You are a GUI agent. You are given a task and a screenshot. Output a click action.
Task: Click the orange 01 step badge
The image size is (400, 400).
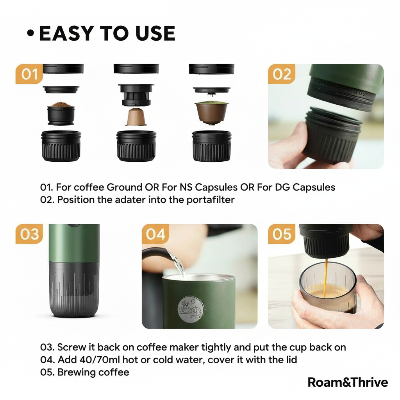pos(29,74)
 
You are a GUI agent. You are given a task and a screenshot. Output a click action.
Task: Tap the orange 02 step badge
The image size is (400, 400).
pos(282,74)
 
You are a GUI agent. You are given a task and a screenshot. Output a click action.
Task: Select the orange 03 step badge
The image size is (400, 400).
pos(29,234)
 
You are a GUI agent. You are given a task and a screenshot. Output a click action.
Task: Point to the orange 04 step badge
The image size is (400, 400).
pos(155,234)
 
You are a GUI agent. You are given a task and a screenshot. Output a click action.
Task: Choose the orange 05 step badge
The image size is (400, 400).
pos(282,234)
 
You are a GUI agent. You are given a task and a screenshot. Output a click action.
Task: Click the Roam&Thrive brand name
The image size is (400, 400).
pos(348,382)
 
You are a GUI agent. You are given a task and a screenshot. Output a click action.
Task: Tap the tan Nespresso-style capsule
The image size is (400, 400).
pos(136,117)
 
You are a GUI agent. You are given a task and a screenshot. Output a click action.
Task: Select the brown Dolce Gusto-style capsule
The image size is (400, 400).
pos(212,112)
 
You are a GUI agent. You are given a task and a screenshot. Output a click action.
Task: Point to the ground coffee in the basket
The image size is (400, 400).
pos(61,105)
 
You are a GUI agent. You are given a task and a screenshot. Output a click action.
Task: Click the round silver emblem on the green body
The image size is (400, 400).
pos(190,309)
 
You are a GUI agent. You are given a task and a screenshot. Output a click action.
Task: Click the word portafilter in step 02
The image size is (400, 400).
pos(211,200)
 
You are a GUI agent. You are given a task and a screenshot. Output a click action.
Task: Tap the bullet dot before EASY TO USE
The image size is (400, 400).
pos(30,34)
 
